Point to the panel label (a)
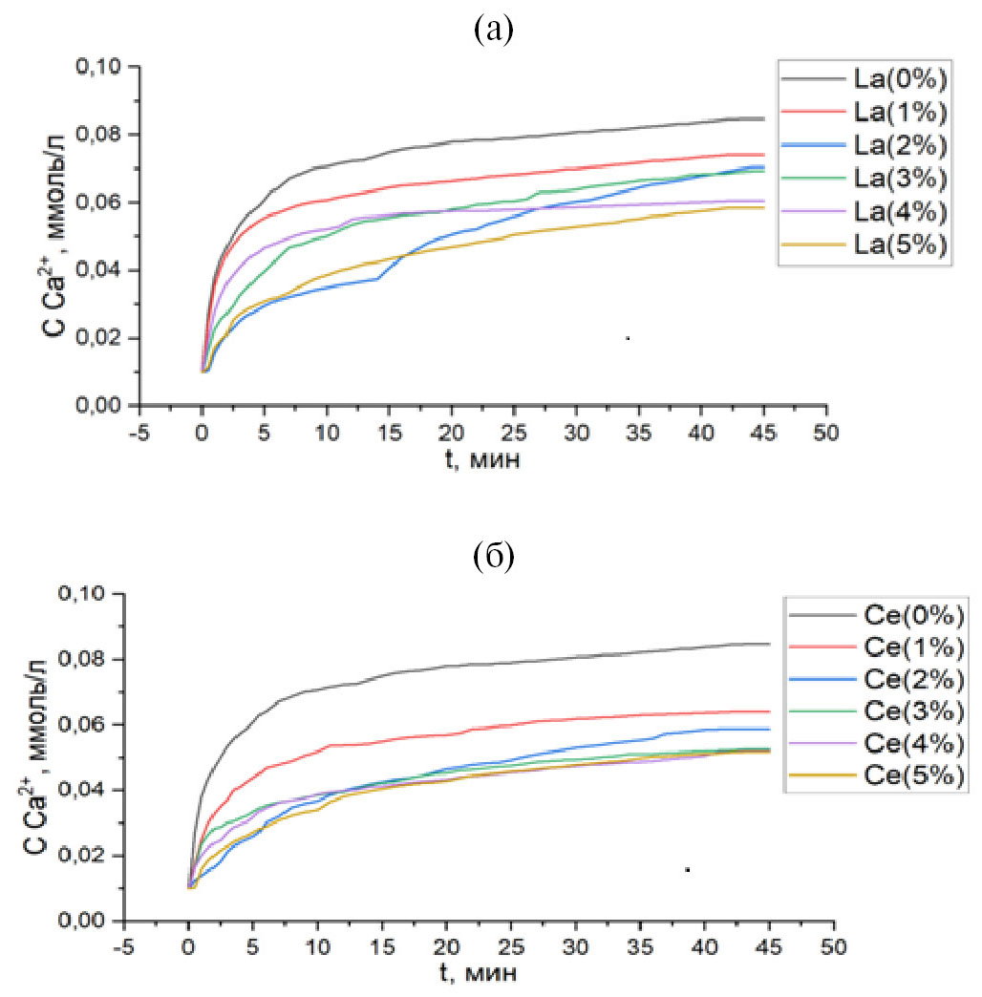point(493,32)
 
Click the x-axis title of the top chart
point(482,458)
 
